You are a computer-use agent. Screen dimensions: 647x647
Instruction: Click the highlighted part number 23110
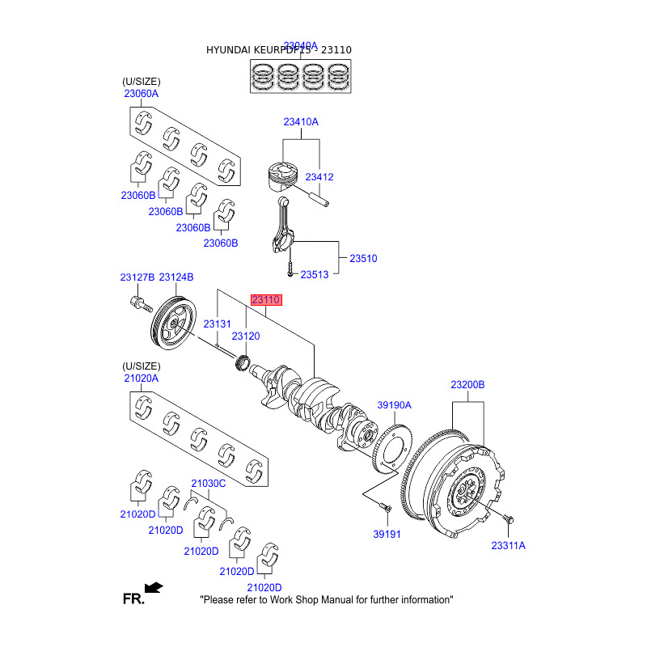[266, 300]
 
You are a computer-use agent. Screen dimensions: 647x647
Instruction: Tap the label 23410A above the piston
[301, 122]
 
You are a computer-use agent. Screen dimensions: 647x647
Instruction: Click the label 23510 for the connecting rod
[363, 258]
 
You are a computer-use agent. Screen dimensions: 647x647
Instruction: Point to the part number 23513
[315, 275]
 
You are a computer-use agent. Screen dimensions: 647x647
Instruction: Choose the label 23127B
[137, 277]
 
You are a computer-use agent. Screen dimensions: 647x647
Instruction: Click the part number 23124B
[175, 277]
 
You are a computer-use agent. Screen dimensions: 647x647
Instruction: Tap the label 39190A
[395, 405]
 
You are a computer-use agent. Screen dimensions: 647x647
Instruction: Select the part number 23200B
[467, 385]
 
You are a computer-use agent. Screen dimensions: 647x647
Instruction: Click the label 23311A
[508, 546]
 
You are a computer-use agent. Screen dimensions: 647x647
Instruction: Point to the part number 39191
[387, 534]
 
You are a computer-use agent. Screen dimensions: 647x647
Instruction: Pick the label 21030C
[208, 484]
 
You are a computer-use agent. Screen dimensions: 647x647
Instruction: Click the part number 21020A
[141, 378]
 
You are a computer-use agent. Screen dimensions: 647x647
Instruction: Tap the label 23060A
[141, 94]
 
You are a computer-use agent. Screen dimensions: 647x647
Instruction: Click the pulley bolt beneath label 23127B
[138, 306]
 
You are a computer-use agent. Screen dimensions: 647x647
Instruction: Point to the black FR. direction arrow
[153, 587]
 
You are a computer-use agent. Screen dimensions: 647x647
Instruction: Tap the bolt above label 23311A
[507, 518]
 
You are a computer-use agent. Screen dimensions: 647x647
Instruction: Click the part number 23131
[217, 323]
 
